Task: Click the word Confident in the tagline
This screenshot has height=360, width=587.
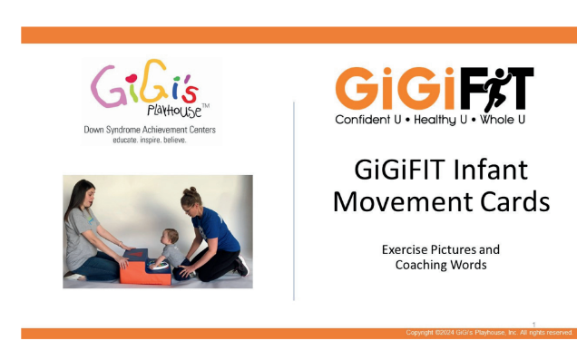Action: click(364, 120)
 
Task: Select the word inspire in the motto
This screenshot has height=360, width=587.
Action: click(148, 141)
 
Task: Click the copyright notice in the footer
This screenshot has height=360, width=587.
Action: click(489, 333)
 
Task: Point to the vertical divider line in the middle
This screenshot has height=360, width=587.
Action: click(294, 199)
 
